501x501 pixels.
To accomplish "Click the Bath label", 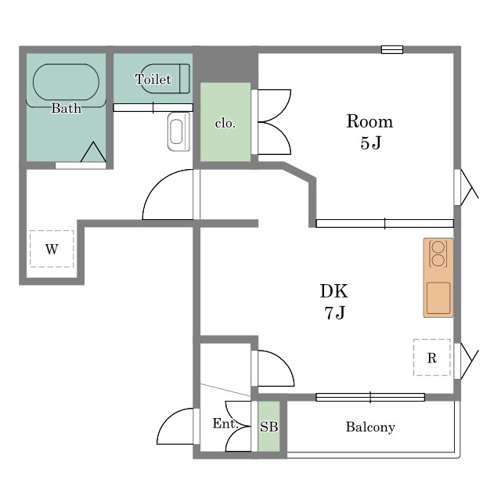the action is click(x=66, y=108).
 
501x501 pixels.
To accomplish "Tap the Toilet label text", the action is click(x=153, y=79).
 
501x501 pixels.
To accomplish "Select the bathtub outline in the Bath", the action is click(x=66, y=82).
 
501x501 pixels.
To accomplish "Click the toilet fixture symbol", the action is click(x=165, y=79).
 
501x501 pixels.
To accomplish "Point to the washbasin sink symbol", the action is click(x=178, y=132).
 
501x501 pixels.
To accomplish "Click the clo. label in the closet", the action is click(x=225, y=123).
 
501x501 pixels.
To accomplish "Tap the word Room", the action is click(x=369, y=121).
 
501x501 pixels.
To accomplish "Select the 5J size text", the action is click(x=370, y=142).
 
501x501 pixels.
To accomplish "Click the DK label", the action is click(x=334, y=290).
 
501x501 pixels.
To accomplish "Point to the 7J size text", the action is click(x=335, y=312).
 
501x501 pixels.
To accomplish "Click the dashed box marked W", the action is click(x=52, y=249).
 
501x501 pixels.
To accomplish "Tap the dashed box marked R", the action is click(x=432, y=358).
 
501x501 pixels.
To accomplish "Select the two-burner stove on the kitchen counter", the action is click(x=438, y=254).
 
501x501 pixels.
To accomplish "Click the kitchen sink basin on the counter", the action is click(x=438, y=298).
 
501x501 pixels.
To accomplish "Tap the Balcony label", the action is click(x=370, y=427).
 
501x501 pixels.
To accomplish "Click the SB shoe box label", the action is click(x=269, y=427).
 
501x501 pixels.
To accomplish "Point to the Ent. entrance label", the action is click(x=225, y=424).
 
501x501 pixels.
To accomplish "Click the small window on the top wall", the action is click(x=392, y=49).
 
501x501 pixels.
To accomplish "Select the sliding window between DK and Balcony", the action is click(x=370, y=397).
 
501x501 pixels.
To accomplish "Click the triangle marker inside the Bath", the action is click(x=93, y=152).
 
